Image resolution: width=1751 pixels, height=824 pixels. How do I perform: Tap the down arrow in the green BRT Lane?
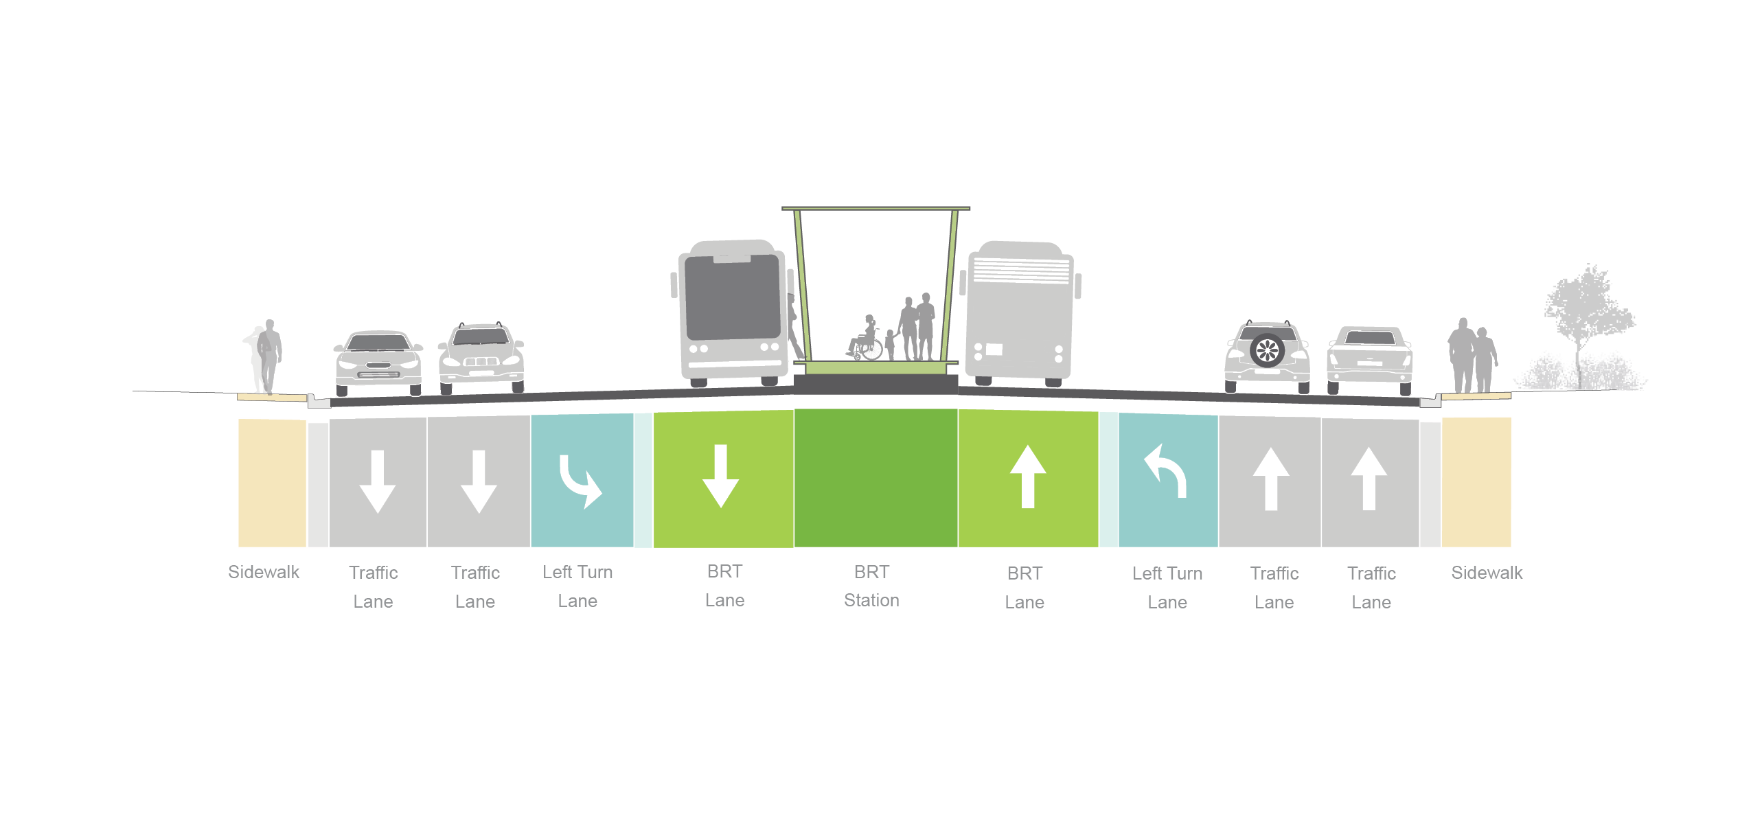tap(720, 476)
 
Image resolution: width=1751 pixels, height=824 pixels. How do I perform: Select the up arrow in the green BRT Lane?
tap(1028, 477)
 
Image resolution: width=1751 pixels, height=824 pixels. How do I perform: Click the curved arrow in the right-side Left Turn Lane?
tap(1165, 471)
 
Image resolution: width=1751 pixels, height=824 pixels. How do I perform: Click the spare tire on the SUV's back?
tap(1267, 350)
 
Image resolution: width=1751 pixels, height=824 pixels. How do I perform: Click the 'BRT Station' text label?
tap(871, 586)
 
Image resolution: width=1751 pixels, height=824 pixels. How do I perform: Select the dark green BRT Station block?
tap(875, 478)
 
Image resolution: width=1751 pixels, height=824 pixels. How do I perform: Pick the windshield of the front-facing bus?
tap(733, 297)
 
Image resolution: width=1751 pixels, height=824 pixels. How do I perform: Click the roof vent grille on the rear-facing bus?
tap(1021, 270)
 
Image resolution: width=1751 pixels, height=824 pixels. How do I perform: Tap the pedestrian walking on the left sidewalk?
tap(268, 356)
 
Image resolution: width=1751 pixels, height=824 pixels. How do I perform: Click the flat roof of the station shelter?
tap(875, 208)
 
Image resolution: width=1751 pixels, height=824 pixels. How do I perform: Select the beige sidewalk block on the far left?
tap(272, 483)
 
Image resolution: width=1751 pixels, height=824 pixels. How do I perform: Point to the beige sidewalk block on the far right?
tap(1476, 482)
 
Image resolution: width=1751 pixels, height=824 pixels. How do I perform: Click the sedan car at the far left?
tap(378, 363)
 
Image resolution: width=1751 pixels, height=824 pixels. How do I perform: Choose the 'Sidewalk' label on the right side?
tap(1487, 573)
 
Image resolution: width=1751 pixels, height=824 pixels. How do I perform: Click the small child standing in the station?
tap(890, 345)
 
